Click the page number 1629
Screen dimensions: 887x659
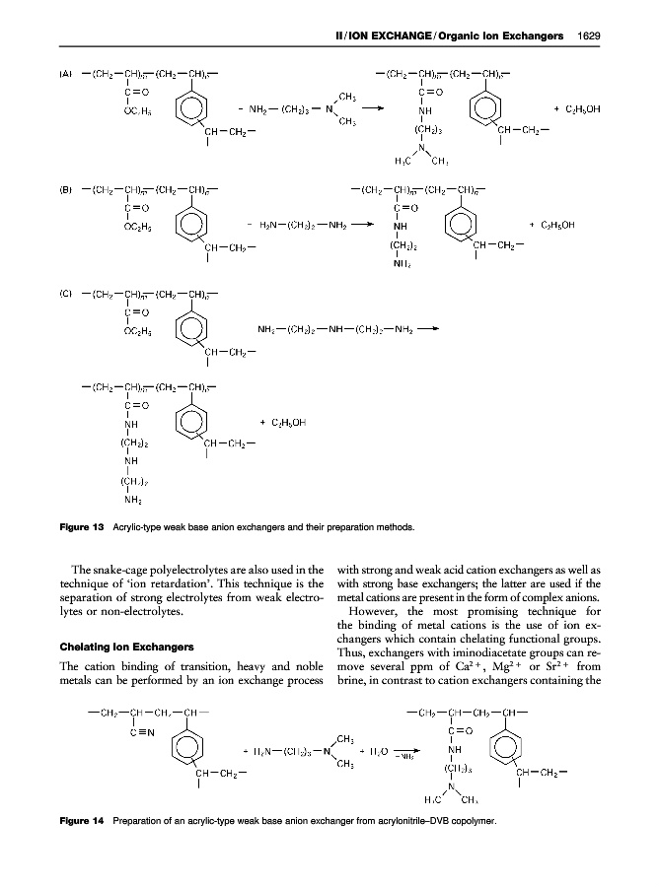click(590, 36)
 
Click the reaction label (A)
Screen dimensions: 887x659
click(61, 71)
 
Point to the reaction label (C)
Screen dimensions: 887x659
click(61, 294)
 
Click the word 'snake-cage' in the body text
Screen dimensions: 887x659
click(114, 568)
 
